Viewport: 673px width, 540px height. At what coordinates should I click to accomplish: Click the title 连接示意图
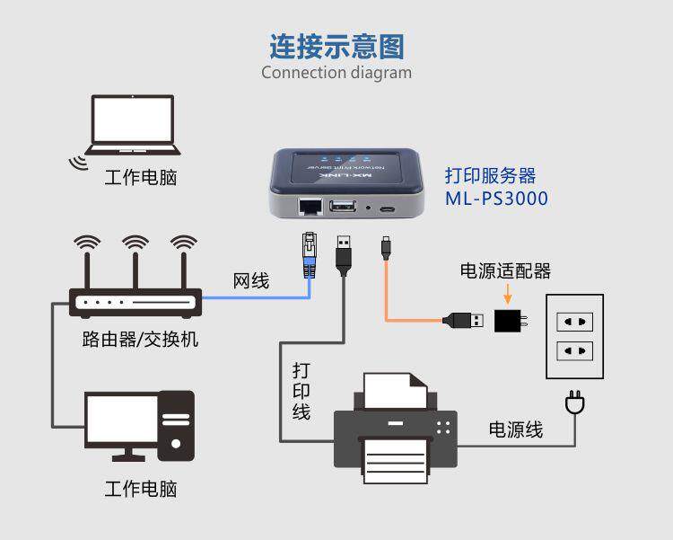pyautogui.click(x=336, y=46)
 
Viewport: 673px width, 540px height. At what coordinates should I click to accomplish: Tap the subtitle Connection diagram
pyautogui.click(x=336, y=73)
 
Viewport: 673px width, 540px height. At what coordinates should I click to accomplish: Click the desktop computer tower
pyautogui.click(x=177, y=425)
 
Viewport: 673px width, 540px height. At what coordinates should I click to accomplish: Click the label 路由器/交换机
pyautogui.click(x=140, y=340)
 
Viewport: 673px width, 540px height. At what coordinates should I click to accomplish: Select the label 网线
pyautogui.click(x=251, y=281)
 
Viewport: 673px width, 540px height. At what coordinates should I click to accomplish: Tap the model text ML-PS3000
pyautogui.click(x=495, y=199)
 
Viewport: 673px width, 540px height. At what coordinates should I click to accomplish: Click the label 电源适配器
pyautogui.click(x=505, y=270)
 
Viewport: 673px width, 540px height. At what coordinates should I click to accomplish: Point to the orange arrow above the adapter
pyautogui.click(x=508, y=293)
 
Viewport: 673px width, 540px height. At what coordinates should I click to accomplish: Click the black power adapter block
pyautogui.click(x=510, y=319)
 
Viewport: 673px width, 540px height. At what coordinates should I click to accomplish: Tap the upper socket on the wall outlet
pyautogui.click(x=575, y=320)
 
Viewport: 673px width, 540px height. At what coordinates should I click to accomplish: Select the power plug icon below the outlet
pyautogui.click(x=574, y=403)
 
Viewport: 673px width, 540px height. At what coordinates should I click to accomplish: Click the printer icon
pyautogui.click(x=395, y=426)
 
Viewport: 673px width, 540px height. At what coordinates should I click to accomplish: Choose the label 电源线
pyautogui.click(x=516, y=429)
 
